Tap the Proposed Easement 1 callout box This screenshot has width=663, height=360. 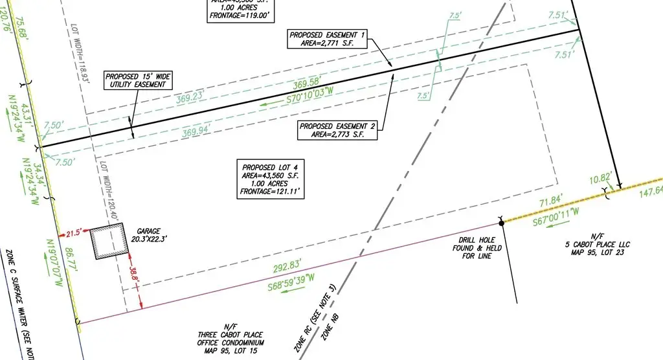(x=328, y=39)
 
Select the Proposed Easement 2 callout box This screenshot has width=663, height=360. (x=337, y=130)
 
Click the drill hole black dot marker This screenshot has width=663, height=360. (x=501, y=223)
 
